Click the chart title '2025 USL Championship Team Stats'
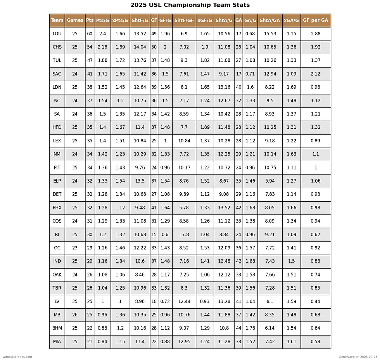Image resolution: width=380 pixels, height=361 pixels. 190,5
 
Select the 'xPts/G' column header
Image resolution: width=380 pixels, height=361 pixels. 120,21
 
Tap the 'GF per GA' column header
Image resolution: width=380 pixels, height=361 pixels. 316,21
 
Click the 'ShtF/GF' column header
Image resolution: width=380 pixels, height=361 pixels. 184,21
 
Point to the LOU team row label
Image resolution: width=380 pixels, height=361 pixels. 57,34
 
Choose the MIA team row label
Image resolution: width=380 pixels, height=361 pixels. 57,342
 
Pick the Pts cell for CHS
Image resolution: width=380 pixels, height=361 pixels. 90,47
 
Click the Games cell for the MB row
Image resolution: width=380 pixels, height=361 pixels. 75,315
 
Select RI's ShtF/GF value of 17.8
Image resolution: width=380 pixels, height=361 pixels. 184,235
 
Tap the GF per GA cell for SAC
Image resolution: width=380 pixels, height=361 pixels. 316,74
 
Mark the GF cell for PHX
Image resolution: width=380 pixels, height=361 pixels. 154,208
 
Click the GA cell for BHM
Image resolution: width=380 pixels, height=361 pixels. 238,328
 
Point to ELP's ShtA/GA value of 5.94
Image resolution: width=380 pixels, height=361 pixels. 270,181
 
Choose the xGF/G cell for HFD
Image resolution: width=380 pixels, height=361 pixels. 205,128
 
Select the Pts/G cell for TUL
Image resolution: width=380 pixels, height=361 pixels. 102,60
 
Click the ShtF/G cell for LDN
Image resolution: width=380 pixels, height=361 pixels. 140,87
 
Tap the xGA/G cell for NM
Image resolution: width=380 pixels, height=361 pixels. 291,154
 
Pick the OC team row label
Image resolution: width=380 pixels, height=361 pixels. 57,248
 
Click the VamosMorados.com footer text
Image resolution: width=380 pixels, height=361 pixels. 17,357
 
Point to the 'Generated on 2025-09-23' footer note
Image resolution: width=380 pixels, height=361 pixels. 358,357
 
